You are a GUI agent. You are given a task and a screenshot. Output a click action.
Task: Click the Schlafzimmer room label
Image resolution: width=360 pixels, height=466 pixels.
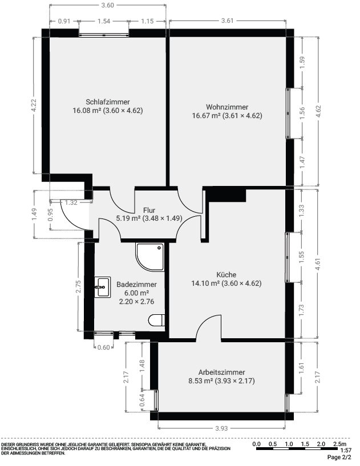[108, 102]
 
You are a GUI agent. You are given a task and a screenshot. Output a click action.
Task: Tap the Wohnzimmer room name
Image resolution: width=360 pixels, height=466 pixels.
[227, 107]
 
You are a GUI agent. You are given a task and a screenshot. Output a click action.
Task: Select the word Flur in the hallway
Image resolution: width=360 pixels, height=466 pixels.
[149, 210]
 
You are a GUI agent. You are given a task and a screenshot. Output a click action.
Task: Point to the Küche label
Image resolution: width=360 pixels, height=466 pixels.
[226, 274]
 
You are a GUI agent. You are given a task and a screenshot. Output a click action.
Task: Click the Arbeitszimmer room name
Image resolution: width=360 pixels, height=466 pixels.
[221, 372]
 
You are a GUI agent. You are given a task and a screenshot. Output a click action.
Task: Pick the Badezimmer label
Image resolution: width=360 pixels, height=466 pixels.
[136, 285]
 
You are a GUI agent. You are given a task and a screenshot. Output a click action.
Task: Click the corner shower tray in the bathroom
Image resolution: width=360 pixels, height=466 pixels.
[150, 257]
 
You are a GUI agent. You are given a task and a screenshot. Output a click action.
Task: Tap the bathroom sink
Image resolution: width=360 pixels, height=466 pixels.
[103, 287]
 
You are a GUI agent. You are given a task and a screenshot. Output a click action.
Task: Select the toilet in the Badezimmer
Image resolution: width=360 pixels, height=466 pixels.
[157, 321]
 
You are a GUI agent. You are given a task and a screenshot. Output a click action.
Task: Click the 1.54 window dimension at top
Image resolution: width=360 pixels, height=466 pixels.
[104, 21]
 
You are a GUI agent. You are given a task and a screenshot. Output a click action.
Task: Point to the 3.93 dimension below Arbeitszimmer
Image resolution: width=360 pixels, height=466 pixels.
[221, 428]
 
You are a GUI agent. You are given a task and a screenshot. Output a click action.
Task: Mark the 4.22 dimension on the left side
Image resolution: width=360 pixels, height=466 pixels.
[34, 105]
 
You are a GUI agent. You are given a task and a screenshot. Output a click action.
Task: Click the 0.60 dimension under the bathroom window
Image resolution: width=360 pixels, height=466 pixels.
[103, 347]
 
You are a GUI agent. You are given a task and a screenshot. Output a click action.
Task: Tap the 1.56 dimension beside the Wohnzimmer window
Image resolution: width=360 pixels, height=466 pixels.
[302, 113]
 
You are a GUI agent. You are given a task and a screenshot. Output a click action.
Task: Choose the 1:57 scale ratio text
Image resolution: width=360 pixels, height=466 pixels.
[346, 451]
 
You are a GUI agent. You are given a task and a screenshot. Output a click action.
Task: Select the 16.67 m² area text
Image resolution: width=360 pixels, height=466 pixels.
[206, 116]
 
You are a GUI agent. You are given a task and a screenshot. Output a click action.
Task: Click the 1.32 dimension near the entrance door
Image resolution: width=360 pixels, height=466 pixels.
[71, 202]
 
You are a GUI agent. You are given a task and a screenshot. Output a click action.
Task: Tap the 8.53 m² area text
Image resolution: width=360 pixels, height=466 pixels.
[201, 381]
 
